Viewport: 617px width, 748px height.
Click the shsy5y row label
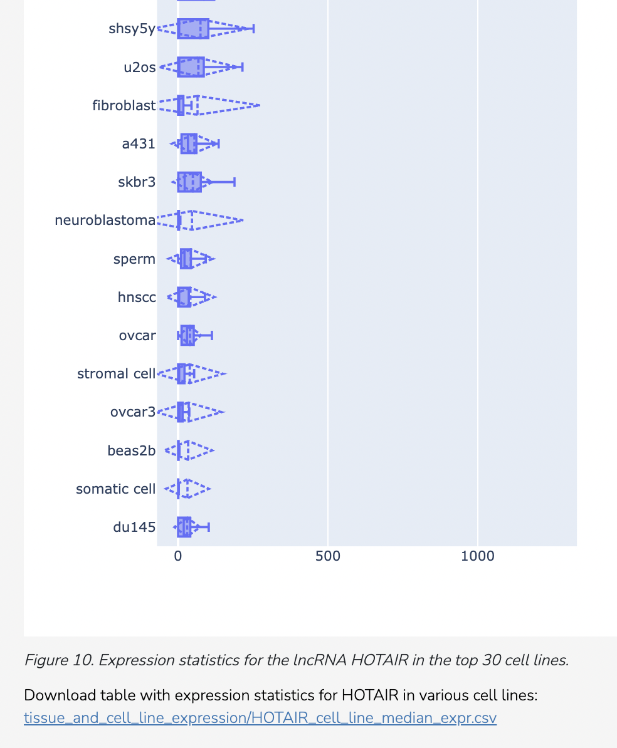click(132, 29)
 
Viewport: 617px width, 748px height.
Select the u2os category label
click(139, 68)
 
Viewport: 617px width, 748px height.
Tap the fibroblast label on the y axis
click(124, 106)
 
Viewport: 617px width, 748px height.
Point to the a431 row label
click(139, 144)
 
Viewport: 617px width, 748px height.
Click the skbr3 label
click(137, 182)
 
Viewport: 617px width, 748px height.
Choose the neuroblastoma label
click(105, 221)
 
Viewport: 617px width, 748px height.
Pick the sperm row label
click(134, 259)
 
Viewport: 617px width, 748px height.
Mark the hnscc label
click(137, 298)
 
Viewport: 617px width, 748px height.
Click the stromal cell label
click(116, 374)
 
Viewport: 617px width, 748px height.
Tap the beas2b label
click(131, 450)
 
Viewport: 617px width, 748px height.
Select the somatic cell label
click(115, 489)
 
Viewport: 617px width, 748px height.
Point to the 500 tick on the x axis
click(328, 556)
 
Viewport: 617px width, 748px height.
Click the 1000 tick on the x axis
click(478, 556)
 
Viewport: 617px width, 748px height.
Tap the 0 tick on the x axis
click(178, 556)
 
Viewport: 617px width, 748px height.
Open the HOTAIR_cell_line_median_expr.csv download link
click(260, 718)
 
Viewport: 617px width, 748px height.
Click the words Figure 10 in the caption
click(59, 660)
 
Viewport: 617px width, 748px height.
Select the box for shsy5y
click(193, 29)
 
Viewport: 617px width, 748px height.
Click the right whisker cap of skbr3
click(235, 182)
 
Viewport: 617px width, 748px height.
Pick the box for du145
click(184, 527)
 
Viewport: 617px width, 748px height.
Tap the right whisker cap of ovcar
click(212, 336)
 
